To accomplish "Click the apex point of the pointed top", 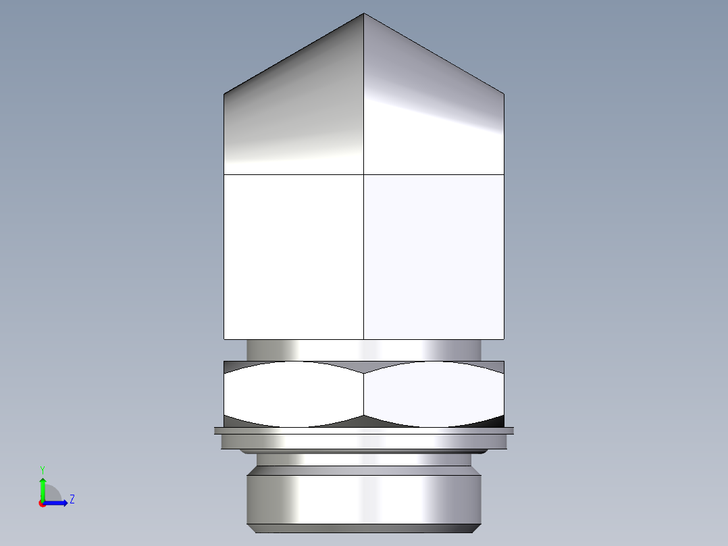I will (x=364, y=14).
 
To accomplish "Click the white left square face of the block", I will (x=294, y=257).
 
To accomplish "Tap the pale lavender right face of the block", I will (x=434, y=257).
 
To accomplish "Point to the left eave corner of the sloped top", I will (x=224, y=93).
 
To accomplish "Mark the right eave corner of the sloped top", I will (x=504, y=93).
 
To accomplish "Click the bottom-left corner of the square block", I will (x=224, y=339).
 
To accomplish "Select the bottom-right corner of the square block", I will (x=504, y=339).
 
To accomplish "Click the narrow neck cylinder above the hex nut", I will (x=364, y=349).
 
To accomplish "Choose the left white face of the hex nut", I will (x=294, y=394).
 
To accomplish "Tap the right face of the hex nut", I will (x=434, y=394).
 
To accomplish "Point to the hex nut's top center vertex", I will (x=364, y=373).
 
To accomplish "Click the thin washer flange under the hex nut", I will (x=364, y=430).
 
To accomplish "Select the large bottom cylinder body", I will (x=364, y=499).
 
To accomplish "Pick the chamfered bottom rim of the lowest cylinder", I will (x=364, y=528).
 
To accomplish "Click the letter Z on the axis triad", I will (x=72, y=499).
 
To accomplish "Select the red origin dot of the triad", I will (x=42, y=504).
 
